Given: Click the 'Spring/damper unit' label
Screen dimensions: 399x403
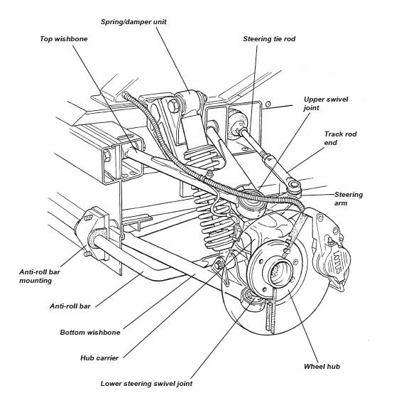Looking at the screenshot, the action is coord(133,22).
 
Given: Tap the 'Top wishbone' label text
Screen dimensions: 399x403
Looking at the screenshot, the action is coord(64,39).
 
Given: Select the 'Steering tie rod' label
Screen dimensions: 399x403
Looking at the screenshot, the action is coord(269,39).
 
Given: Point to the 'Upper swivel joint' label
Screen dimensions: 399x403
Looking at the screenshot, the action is coord(326,104).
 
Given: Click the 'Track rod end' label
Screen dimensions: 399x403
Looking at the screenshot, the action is coord(340,139).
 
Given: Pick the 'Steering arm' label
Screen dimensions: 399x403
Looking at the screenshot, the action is coord(349,199).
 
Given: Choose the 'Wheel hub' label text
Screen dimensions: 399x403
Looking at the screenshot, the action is coord(322,367).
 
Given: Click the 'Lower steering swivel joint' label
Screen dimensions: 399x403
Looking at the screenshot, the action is coord(146,384).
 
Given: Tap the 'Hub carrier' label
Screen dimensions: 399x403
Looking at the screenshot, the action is coord(99,358).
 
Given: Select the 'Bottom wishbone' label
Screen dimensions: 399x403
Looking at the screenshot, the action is coord(90,333).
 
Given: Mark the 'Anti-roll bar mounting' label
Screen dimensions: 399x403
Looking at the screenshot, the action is coord(40,276).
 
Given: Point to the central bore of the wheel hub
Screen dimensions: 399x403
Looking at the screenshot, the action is coord(281,272).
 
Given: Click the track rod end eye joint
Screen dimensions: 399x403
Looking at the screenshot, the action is coord(293,186).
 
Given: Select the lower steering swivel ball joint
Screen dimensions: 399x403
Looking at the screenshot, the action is coord(252,300).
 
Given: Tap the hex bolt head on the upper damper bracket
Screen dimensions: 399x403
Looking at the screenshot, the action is coord(173,106).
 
